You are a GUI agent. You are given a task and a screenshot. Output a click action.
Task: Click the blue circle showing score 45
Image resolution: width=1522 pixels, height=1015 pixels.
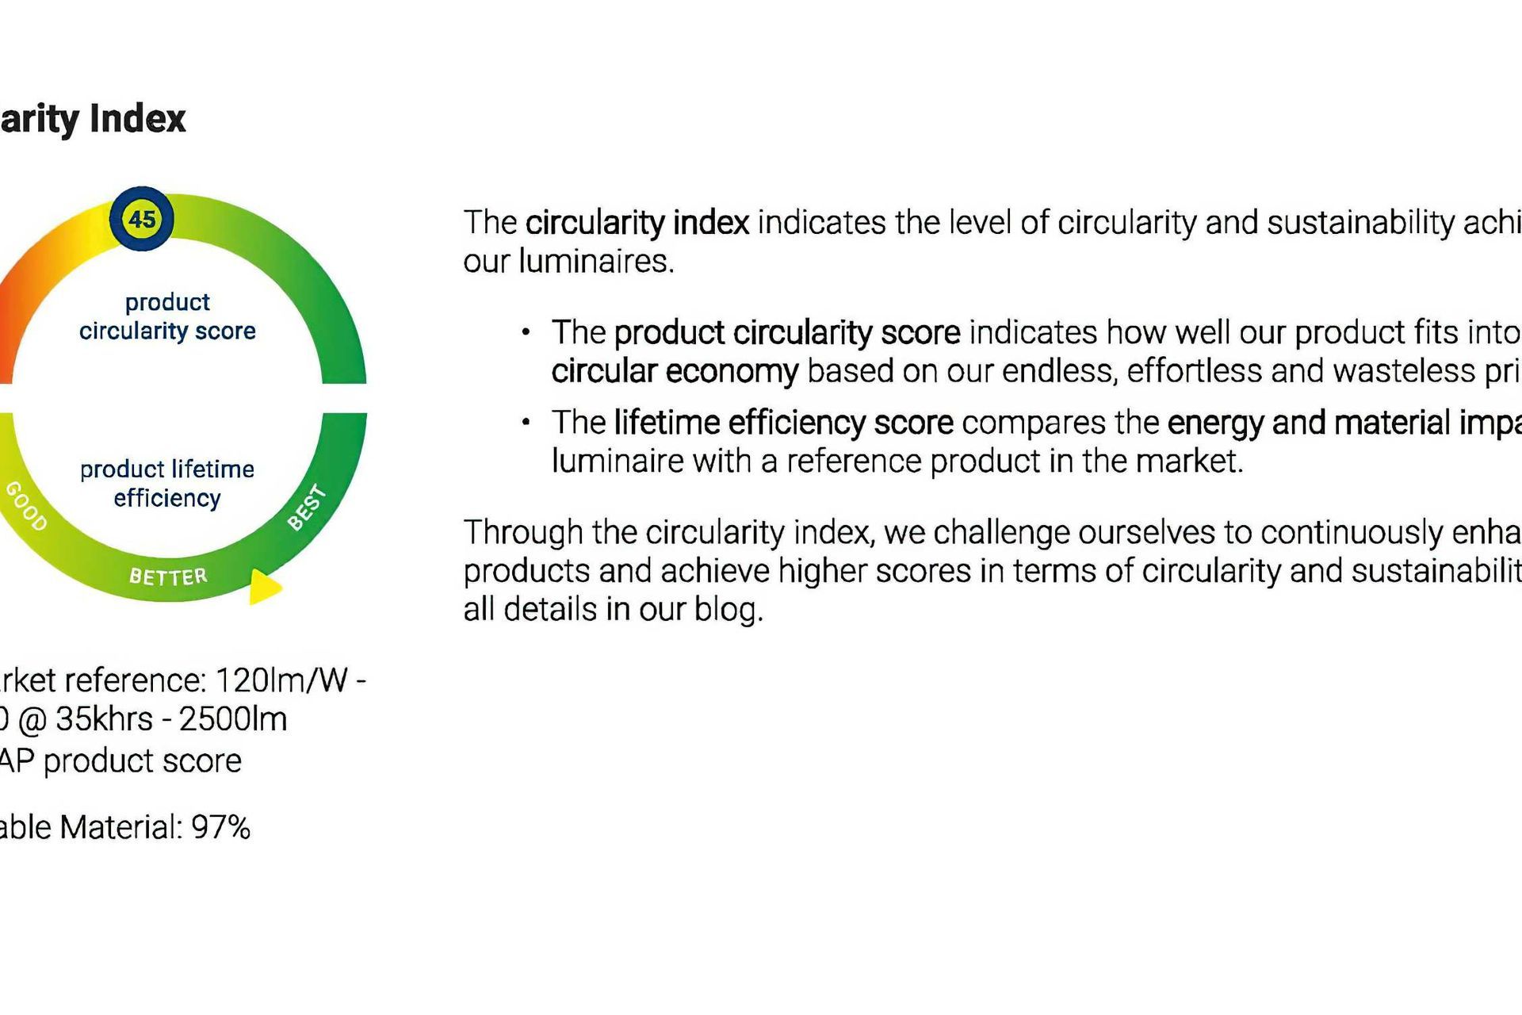[142, 219]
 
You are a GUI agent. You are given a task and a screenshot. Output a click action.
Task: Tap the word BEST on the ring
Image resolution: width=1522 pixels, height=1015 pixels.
[307, 507]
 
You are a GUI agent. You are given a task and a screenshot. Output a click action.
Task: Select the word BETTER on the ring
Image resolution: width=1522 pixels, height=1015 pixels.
[168, 576]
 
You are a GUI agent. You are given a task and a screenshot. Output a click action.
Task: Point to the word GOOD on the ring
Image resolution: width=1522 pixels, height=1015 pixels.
[26, 505]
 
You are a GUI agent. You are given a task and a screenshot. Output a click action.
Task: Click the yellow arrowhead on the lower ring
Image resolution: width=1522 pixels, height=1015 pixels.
[264, 587]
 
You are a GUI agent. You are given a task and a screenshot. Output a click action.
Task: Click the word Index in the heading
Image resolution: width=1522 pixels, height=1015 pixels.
[137, 119]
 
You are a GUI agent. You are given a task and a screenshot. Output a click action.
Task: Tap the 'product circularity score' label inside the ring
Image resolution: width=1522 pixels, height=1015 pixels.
[167, 316]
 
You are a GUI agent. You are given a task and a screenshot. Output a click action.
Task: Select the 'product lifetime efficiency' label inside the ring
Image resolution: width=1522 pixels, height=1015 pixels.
[167, 483]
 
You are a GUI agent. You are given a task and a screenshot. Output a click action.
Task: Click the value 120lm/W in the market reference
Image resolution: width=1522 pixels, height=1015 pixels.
[281, 680]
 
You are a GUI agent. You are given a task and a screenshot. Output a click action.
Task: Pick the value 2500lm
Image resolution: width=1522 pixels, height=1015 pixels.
[233, 719]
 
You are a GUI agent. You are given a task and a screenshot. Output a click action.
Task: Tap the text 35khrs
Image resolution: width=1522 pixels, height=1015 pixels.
[104, 719]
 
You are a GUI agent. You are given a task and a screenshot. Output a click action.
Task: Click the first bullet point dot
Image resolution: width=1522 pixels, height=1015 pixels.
[526, 332]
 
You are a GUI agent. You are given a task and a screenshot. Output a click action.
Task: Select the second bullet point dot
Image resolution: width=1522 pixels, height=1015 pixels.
[526, 423]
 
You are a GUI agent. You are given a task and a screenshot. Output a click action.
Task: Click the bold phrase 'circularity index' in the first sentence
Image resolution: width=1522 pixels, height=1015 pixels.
[637, 223]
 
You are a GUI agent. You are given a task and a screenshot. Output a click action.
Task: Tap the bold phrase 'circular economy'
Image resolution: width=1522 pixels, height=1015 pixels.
[675, 371]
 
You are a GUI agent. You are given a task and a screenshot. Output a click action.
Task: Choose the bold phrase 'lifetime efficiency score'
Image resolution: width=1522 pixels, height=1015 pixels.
[783, 423]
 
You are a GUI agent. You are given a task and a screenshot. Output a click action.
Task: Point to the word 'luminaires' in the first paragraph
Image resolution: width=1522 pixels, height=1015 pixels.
[595, 262]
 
